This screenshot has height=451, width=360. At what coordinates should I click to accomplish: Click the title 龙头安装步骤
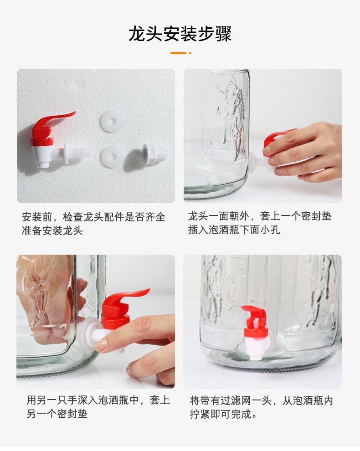point(180,34)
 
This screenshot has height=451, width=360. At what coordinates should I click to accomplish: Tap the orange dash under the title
point(178,53)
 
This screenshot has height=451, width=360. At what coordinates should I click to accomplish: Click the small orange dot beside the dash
point(190,53)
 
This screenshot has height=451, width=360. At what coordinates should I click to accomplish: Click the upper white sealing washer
point(111,121)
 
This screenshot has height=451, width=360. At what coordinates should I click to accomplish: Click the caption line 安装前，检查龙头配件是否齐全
point(93,217)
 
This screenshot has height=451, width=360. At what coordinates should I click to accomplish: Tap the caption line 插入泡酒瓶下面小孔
point(234,230)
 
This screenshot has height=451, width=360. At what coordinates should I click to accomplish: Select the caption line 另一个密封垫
point(57,414)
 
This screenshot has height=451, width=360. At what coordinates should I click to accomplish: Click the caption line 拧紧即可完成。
point(224,414)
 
